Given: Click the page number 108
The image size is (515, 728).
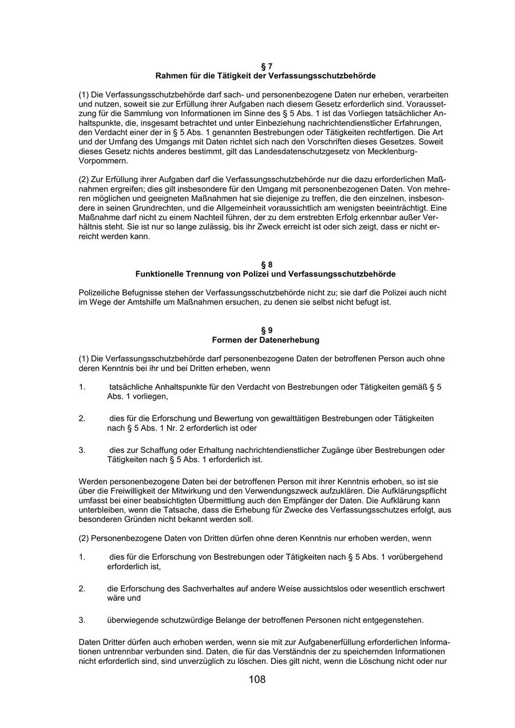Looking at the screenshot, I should tap(257, 680).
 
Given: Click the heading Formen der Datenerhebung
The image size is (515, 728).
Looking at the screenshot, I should tap(266, 340).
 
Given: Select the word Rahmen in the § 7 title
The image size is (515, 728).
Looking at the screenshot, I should tap(170, 76).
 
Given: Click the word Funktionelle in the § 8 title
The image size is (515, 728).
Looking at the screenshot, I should tap(160, 274).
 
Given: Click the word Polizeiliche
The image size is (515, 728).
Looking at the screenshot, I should tap(100, 292).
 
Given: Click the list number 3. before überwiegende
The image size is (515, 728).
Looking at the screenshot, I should tap(82, 620).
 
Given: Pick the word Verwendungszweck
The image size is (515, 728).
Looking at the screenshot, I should tap(272, 491).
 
